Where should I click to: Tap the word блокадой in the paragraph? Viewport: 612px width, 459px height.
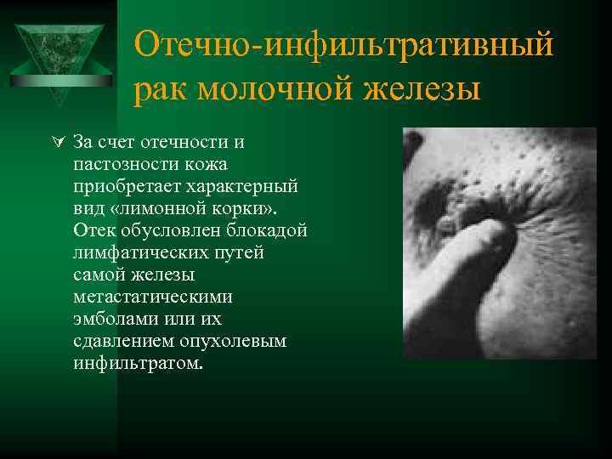coord(270,230)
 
